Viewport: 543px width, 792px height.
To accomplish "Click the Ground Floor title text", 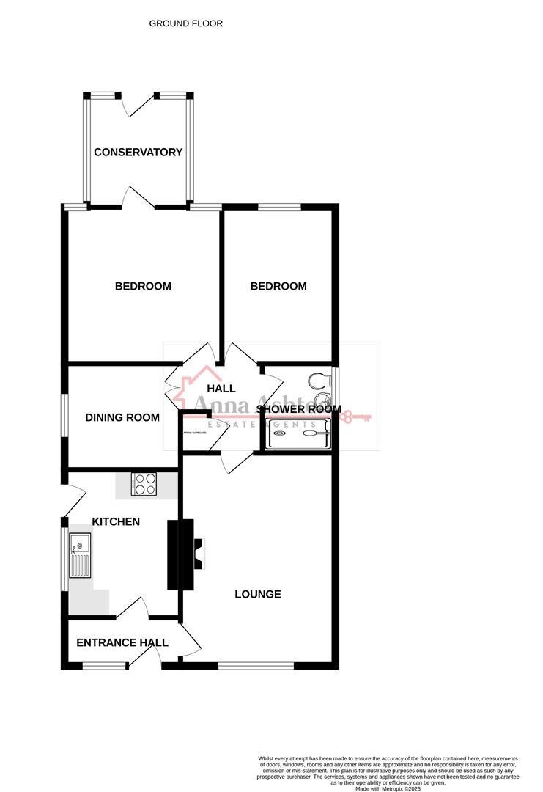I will [x=186, y=23].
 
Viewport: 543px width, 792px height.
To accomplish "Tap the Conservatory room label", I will [x=138, y=153].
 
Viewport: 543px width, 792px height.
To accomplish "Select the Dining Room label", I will [x=122, y=418].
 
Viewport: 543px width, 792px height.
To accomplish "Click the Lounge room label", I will [x=258, y=594].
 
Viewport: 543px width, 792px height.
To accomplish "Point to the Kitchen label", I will [x=116, y=522].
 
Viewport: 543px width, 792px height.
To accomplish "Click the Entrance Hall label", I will [x=122, y=643].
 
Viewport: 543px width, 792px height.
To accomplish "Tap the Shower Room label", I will [x=299, y=409].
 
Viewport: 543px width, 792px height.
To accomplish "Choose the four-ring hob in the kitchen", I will [x=144, y=484].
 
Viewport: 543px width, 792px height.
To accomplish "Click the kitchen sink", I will [x=79, y=554].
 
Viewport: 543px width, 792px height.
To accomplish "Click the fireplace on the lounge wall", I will [x=199, y=554].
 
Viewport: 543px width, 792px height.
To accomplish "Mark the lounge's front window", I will [x=256, y=665].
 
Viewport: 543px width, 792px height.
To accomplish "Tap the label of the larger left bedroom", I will [x=143, y=286].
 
